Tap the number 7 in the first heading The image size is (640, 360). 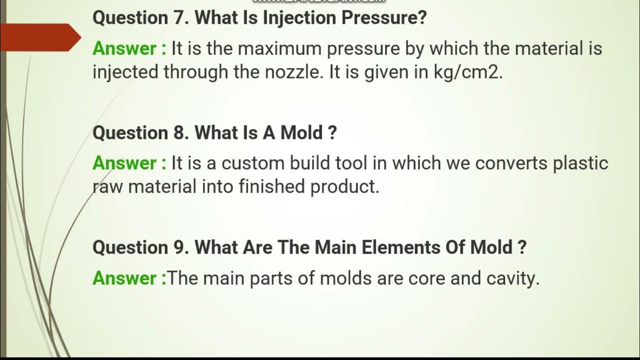(x=179, y=18)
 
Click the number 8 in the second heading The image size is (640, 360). (x=179, y=133)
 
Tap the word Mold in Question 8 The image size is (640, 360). (x=301, y=133)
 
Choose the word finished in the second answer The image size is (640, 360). (x=272, y=186)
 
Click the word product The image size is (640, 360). (x=345, y=186)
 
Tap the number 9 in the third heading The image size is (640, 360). (x=179, y=247)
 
